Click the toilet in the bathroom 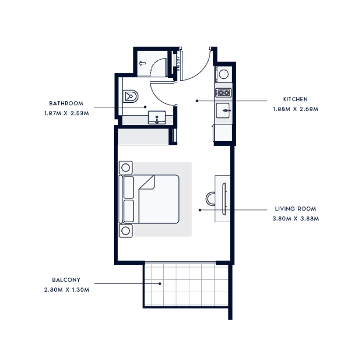click(x=131, y=95)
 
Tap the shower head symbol click(x=142, y=64)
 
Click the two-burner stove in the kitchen click(x=224, y=93)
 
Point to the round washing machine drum click(x=224, y=74)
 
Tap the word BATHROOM click(x=67, y=103)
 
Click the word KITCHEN click(x=295, y=99)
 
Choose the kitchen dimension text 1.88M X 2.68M click(x=295, y=109)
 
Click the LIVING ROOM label click(x=295, y=209)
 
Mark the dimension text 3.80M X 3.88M click(x=296, y=219)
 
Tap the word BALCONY click(x=66, y=280)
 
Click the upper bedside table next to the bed click(x=126, y=168)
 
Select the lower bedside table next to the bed click(x=126, y=231)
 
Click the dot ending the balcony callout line click(x=160, y=284)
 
